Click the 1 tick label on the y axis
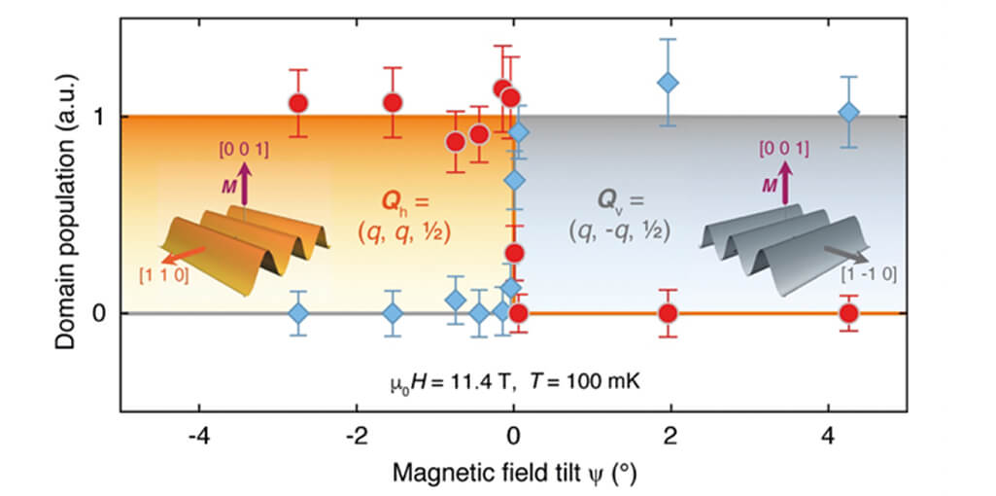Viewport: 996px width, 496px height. coord(100,117)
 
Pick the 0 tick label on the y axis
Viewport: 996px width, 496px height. coord(100,313)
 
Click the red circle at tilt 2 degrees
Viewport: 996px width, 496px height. coord(668,313)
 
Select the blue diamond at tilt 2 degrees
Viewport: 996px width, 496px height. coord(668,83)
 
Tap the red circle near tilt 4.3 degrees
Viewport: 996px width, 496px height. coord(848,313)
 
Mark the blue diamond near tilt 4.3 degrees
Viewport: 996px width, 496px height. coord(848,113)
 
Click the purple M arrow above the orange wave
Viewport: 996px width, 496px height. coord(243,185)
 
